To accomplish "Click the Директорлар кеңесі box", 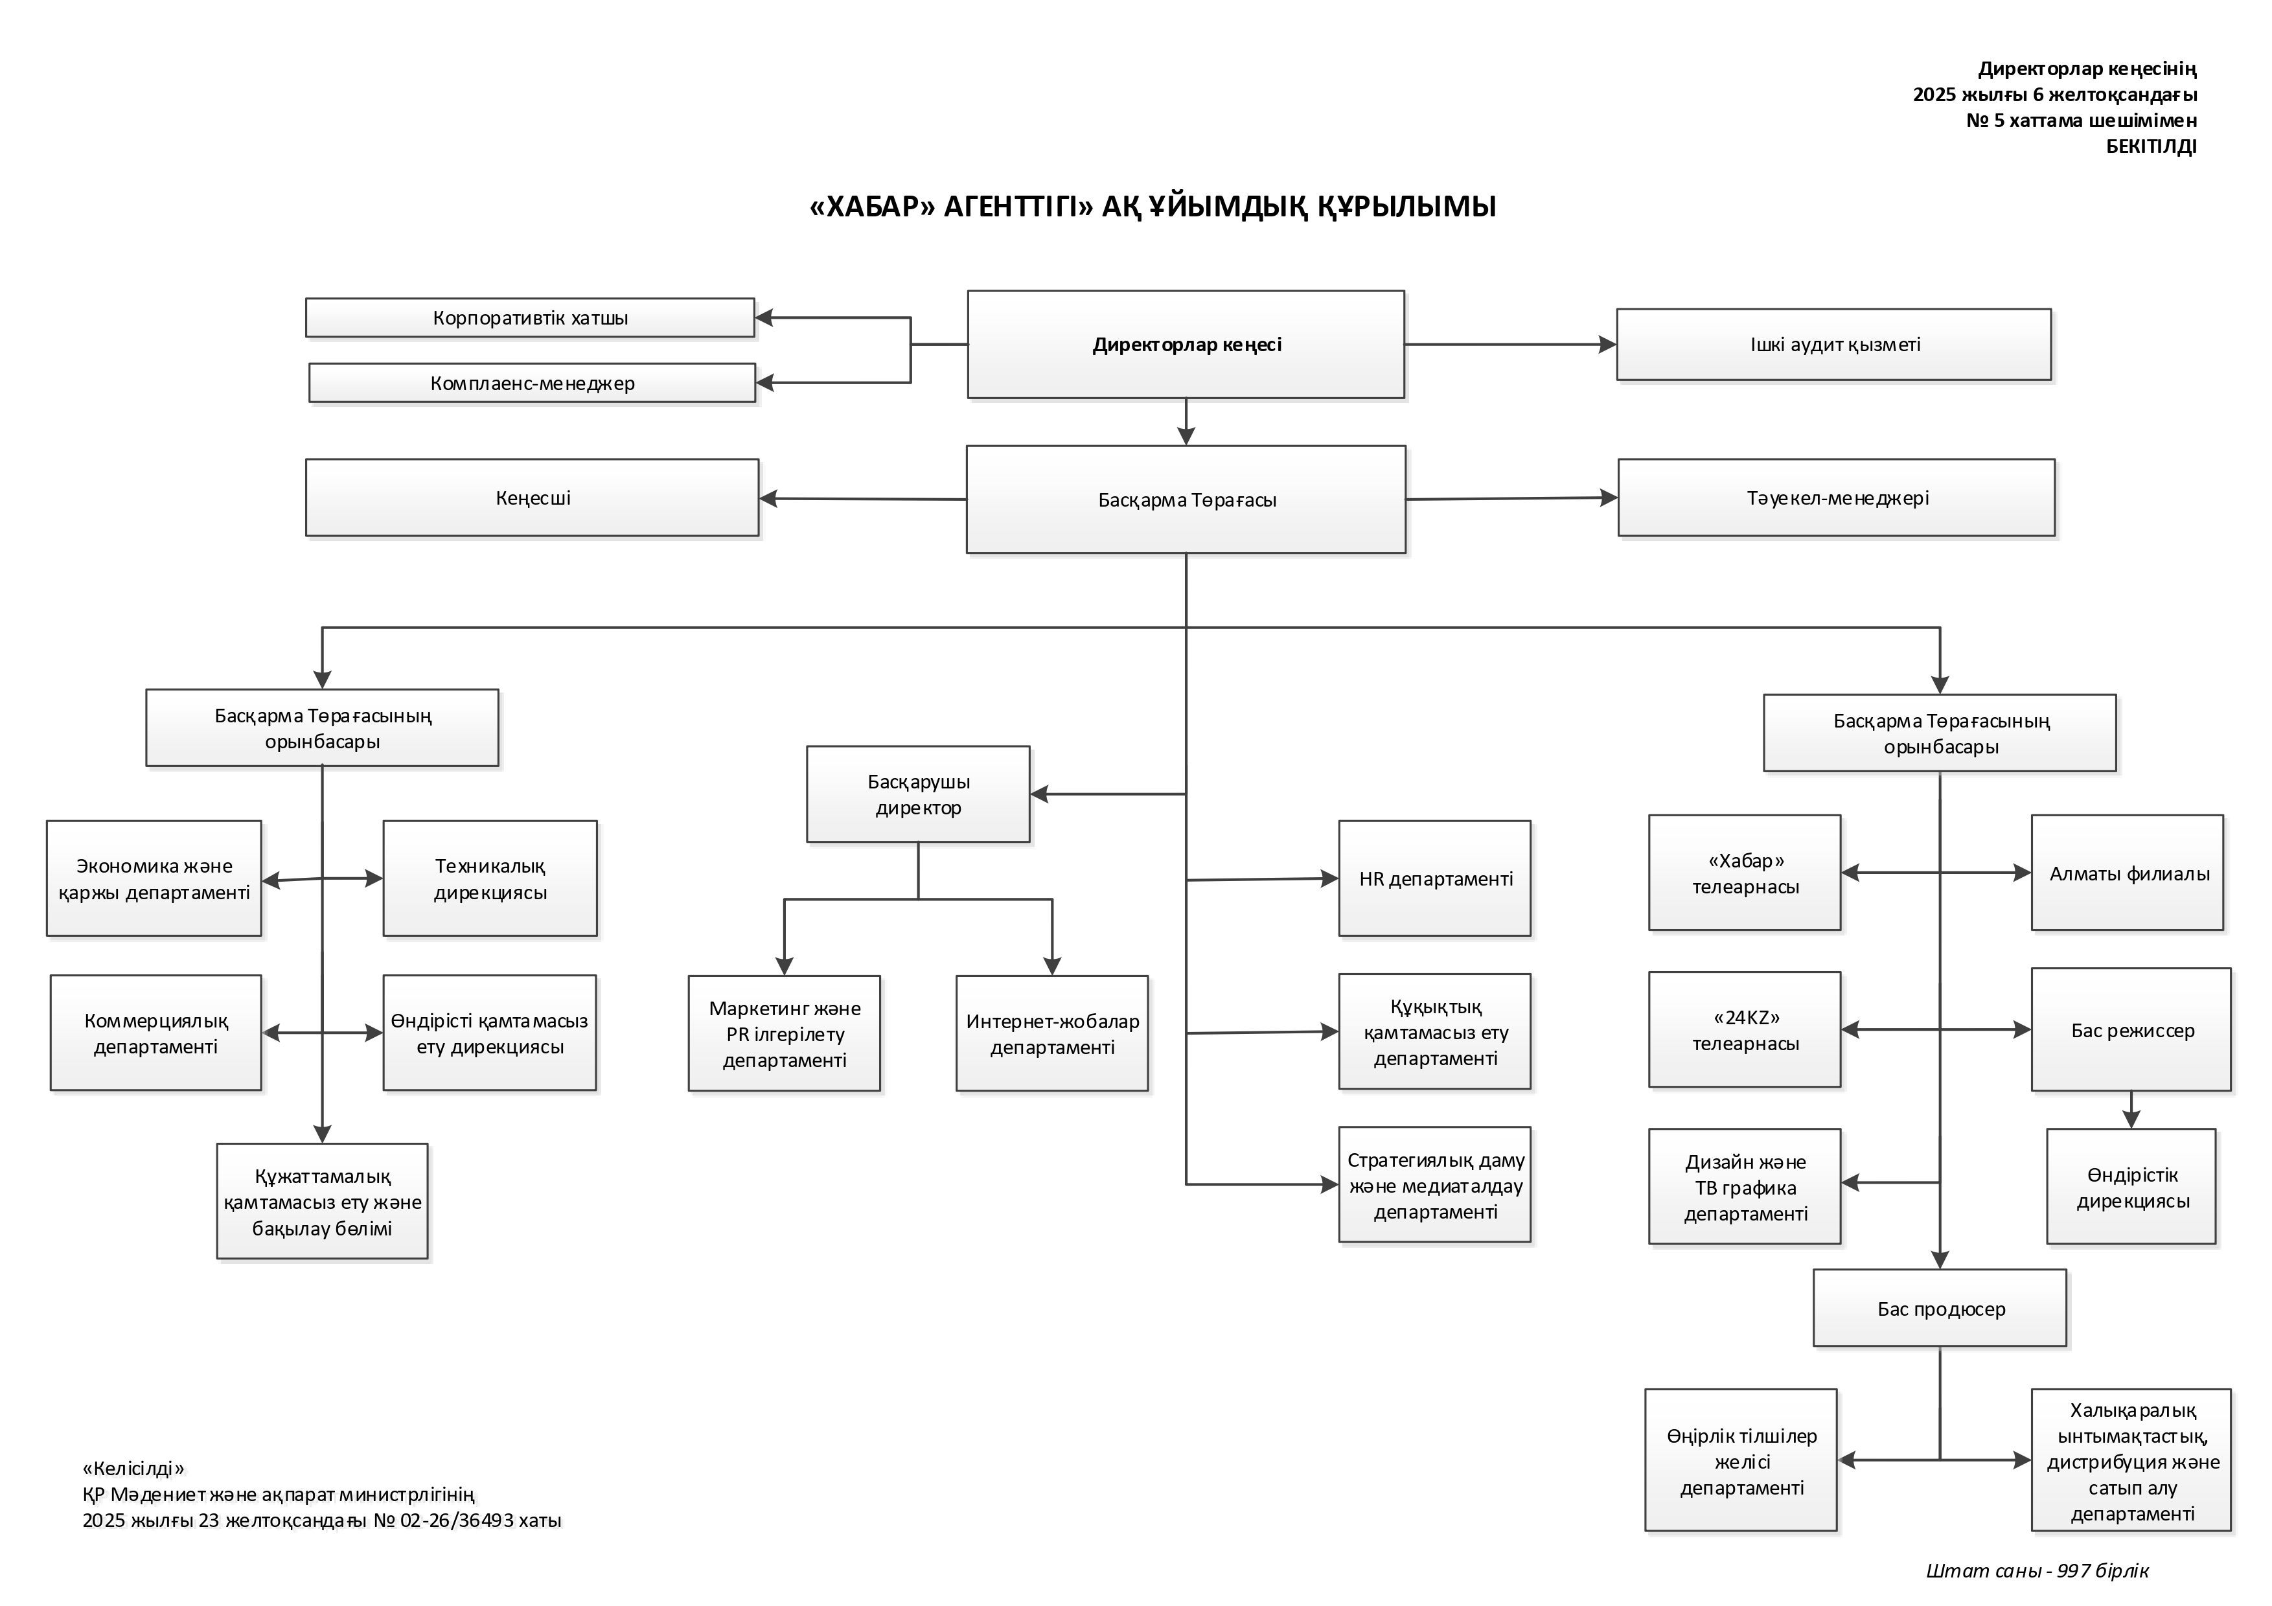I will [x=1186, y=345].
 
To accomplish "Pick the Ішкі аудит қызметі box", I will [x=1833, y=345].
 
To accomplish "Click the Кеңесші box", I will [x=533, y=498].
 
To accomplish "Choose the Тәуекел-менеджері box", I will [x=1837, y=498].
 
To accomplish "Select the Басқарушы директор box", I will [x=917, y=794].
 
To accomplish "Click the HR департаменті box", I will [x=1435, y=878].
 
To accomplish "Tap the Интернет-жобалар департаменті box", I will [x=1052, y=1033].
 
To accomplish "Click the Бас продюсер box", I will [x=1940, y=1308].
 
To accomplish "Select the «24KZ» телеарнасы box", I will [x=1745, y=1029].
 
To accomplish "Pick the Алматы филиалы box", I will [x=2128, y=873].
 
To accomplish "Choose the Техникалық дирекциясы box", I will [x=490, y=878].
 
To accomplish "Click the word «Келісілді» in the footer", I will [x=133, y=1469].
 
